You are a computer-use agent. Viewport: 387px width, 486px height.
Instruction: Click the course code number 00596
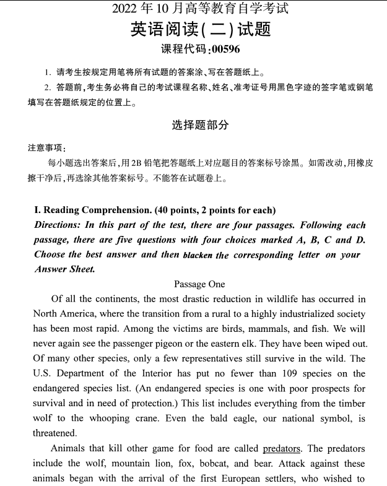coord(225,50)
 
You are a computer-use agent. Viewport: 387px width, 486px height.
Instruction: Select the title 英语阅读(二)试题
coord(201,30)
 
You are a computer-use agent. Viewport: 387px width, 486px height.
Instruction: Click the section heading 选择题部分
coord(200,125)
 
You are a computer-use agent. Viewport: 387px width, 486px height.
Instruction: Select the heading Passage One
coord(199,284)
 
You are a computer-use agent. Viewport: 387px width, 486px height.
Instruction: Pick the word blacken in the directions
coord(198,255)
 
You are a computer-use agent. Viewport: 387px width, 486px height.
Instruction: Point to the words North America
coord(61,314)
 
